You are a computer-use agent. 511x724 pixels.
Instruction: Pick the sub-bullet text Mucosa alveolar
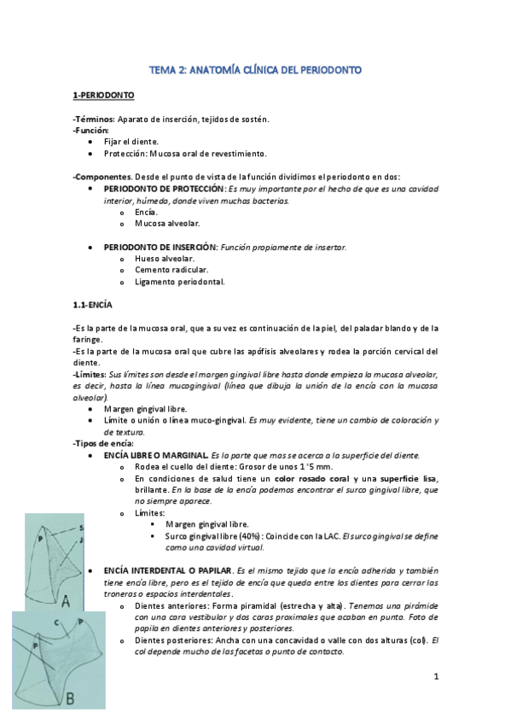point(167,223)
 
